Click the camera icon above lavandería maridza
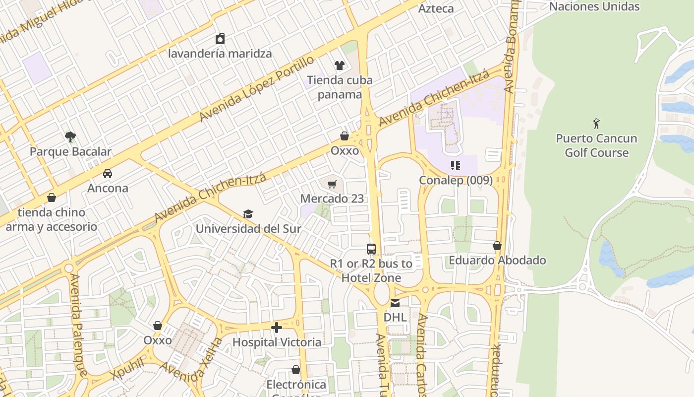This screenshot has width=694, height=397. click(220, 39)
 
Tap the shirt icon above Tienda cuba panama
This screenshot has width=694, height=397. click(340, 65)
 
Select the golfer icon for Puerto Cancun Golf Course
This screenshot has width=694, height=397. click(596, 123)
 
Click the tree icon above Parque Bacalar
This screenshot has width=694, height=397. click(70, 136)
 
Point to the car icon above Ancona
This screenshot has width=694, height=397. click(108, 173)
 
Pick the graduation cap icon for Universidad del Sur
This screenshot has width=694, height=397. click(248, 214)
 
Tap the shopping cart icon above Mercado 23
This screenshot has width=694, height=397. click(332, 184)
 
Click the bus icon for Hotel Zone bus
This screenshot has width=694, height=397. click(371, 249)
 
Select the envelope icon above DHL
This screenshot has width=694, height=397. click(395, 303)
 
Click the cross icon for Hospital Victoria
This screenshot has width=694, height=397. click(277, 327)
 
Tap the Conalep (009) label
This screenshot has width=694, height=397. click(456, 180)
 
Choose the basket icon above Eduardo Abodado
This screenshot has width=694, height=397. click(497, 246)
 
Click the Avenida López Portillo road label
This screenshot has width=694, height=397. click(257, 89)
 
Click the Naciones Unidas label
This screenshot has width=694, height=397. click(594, 6)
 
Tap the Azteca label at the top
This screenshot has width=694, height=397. click(436, 8)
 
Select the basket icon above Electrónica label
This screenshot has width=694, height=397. click(296, 370)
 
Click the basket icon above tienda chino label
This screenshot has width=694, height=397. click(52, 198)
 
